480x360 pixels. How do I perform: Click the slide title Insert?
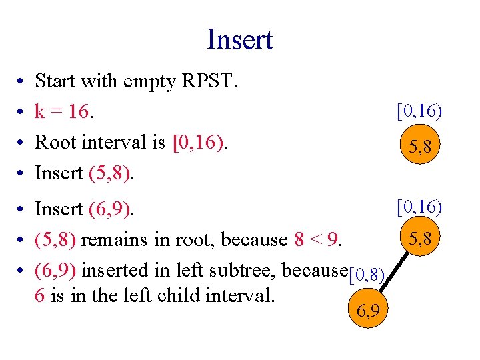coord(240,39)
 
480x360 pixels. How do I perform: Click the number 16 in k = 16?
coord(79,112)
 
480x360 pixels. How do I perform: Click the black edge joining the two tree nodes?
coord(393,274)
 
